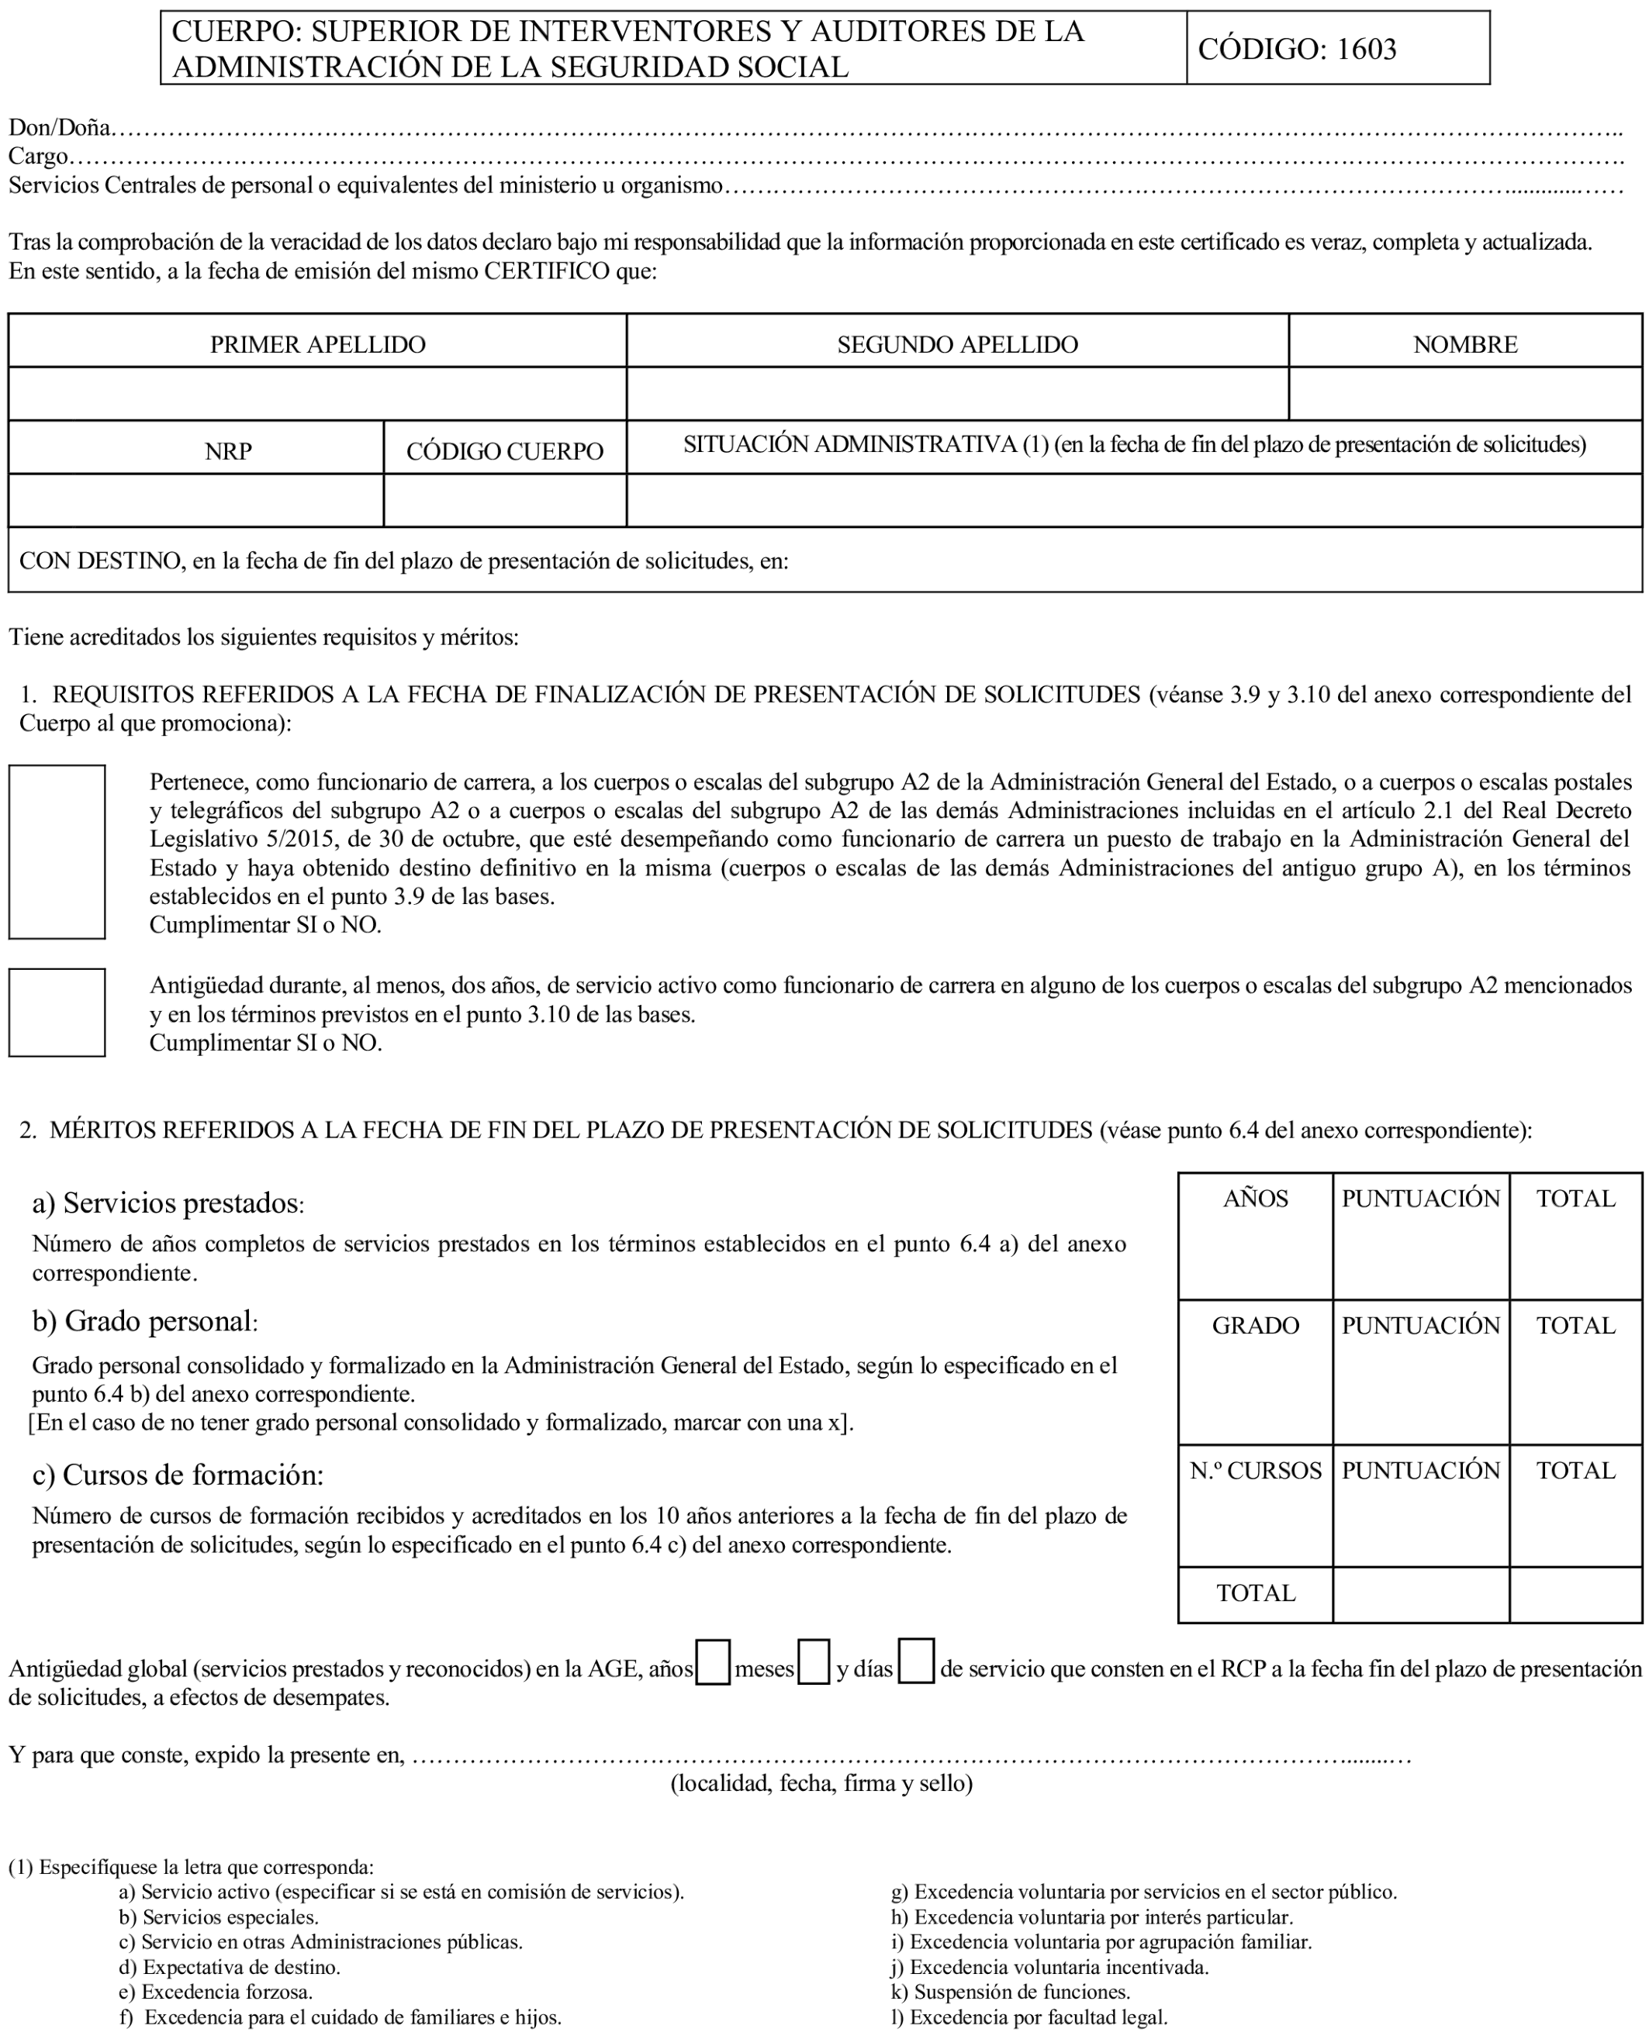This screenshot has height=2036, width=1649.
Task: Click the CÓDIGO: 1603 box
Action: [1336, 48]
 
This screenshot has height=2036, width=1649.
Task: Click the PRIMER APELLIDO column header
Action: [317, 343]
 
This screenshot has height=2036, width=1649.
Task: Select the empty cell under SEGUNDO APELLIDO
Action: [956, 394]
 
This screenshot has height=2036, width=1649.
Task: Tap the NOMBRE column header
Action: [1464, 343]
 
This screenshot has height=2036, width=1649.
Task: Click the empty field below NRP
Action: [195, 500]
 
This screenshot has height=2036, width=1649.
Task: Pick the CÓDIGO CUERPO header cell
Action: [504, 451]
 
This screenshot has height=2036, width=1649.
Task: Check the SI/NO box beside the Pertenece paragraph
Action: [57, 852]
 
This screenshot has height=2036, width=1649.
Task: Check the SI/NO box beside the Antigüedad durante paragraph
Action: [57, 1013]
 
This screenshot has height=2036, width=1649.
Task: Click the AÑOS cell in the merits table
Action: [1255, 1235]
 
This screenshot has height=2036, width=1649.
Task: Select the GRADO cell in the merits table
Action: [1255, 1372]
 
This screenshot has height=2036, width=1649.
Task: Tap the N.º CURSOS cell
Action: [1255, 1505]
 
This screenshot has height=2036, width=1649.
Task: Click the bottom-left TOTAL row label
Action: [1255, 1593]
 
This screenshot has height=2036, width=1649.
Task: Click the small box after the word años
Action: [712, 1662]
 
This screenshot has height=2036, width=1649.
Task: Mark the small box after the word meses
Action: [813, 1662]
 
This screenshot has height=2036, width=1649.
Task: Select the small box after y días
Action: [916, 1661]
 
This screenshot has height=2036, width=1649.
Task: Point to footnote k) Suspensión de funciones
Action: [1010, 1991]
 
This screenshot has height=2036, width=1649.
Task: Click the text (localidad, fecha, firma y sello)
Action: [821, 1783]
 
